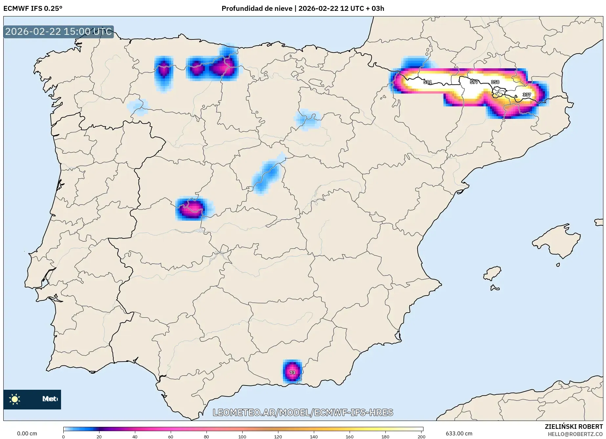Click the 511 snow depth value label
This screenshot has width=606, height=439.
click(x=427, y=82)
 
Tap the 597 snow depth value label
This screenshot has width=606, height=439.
click(x=474, y=82)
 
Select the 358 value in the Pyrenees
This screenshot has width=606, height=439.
click(x=495, y=82)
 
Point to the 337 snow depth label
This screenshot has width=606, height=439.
click(x=527, y=95)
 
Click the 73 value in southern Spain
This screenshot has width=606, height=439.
click(x=292, y=373)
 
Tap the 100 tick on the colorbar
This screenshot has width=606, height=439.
click(x=242, y=436)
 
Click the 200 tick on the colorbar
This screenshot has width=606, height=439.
click(x=422, y=436)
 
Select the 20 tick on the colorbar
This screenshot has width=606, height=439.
click(x=99, y=436)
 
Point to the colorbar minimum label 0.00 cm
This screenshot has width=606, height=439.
click(x=27, y=433)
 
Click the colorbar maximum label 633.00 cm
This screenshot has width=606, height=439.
click(x=459, y=433)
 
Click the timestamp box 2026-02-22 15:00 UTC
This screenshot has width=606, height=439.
click(x=58, y=32)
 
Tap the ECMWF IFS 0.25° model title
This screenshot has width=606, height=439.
click(x=33, y=9)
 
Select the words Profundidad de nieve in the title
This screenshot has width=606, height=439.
click(x=257, y=9)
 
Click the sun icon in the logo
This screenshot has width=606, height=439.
click(x=15, y=399)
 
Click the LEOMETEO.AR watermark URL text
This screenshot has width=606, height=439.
click(x=303, y=412)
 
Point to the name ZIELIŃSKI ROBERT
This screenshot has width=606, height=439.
click(x=574, y=427)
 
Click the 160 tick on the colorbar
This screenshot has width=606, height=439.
click(x=350, y=436)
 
